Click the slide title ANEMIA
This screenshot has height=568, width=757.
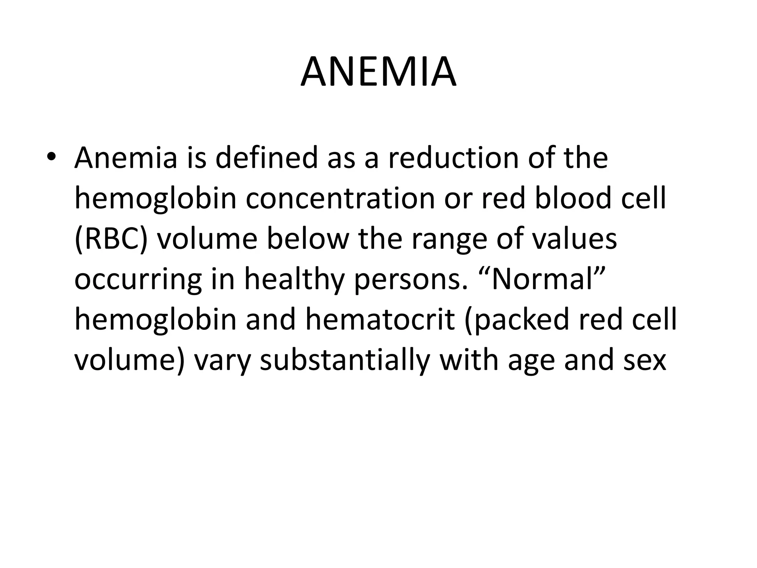coord(378,72)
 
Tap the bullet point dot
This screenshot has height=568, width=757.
coord(51,157)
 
